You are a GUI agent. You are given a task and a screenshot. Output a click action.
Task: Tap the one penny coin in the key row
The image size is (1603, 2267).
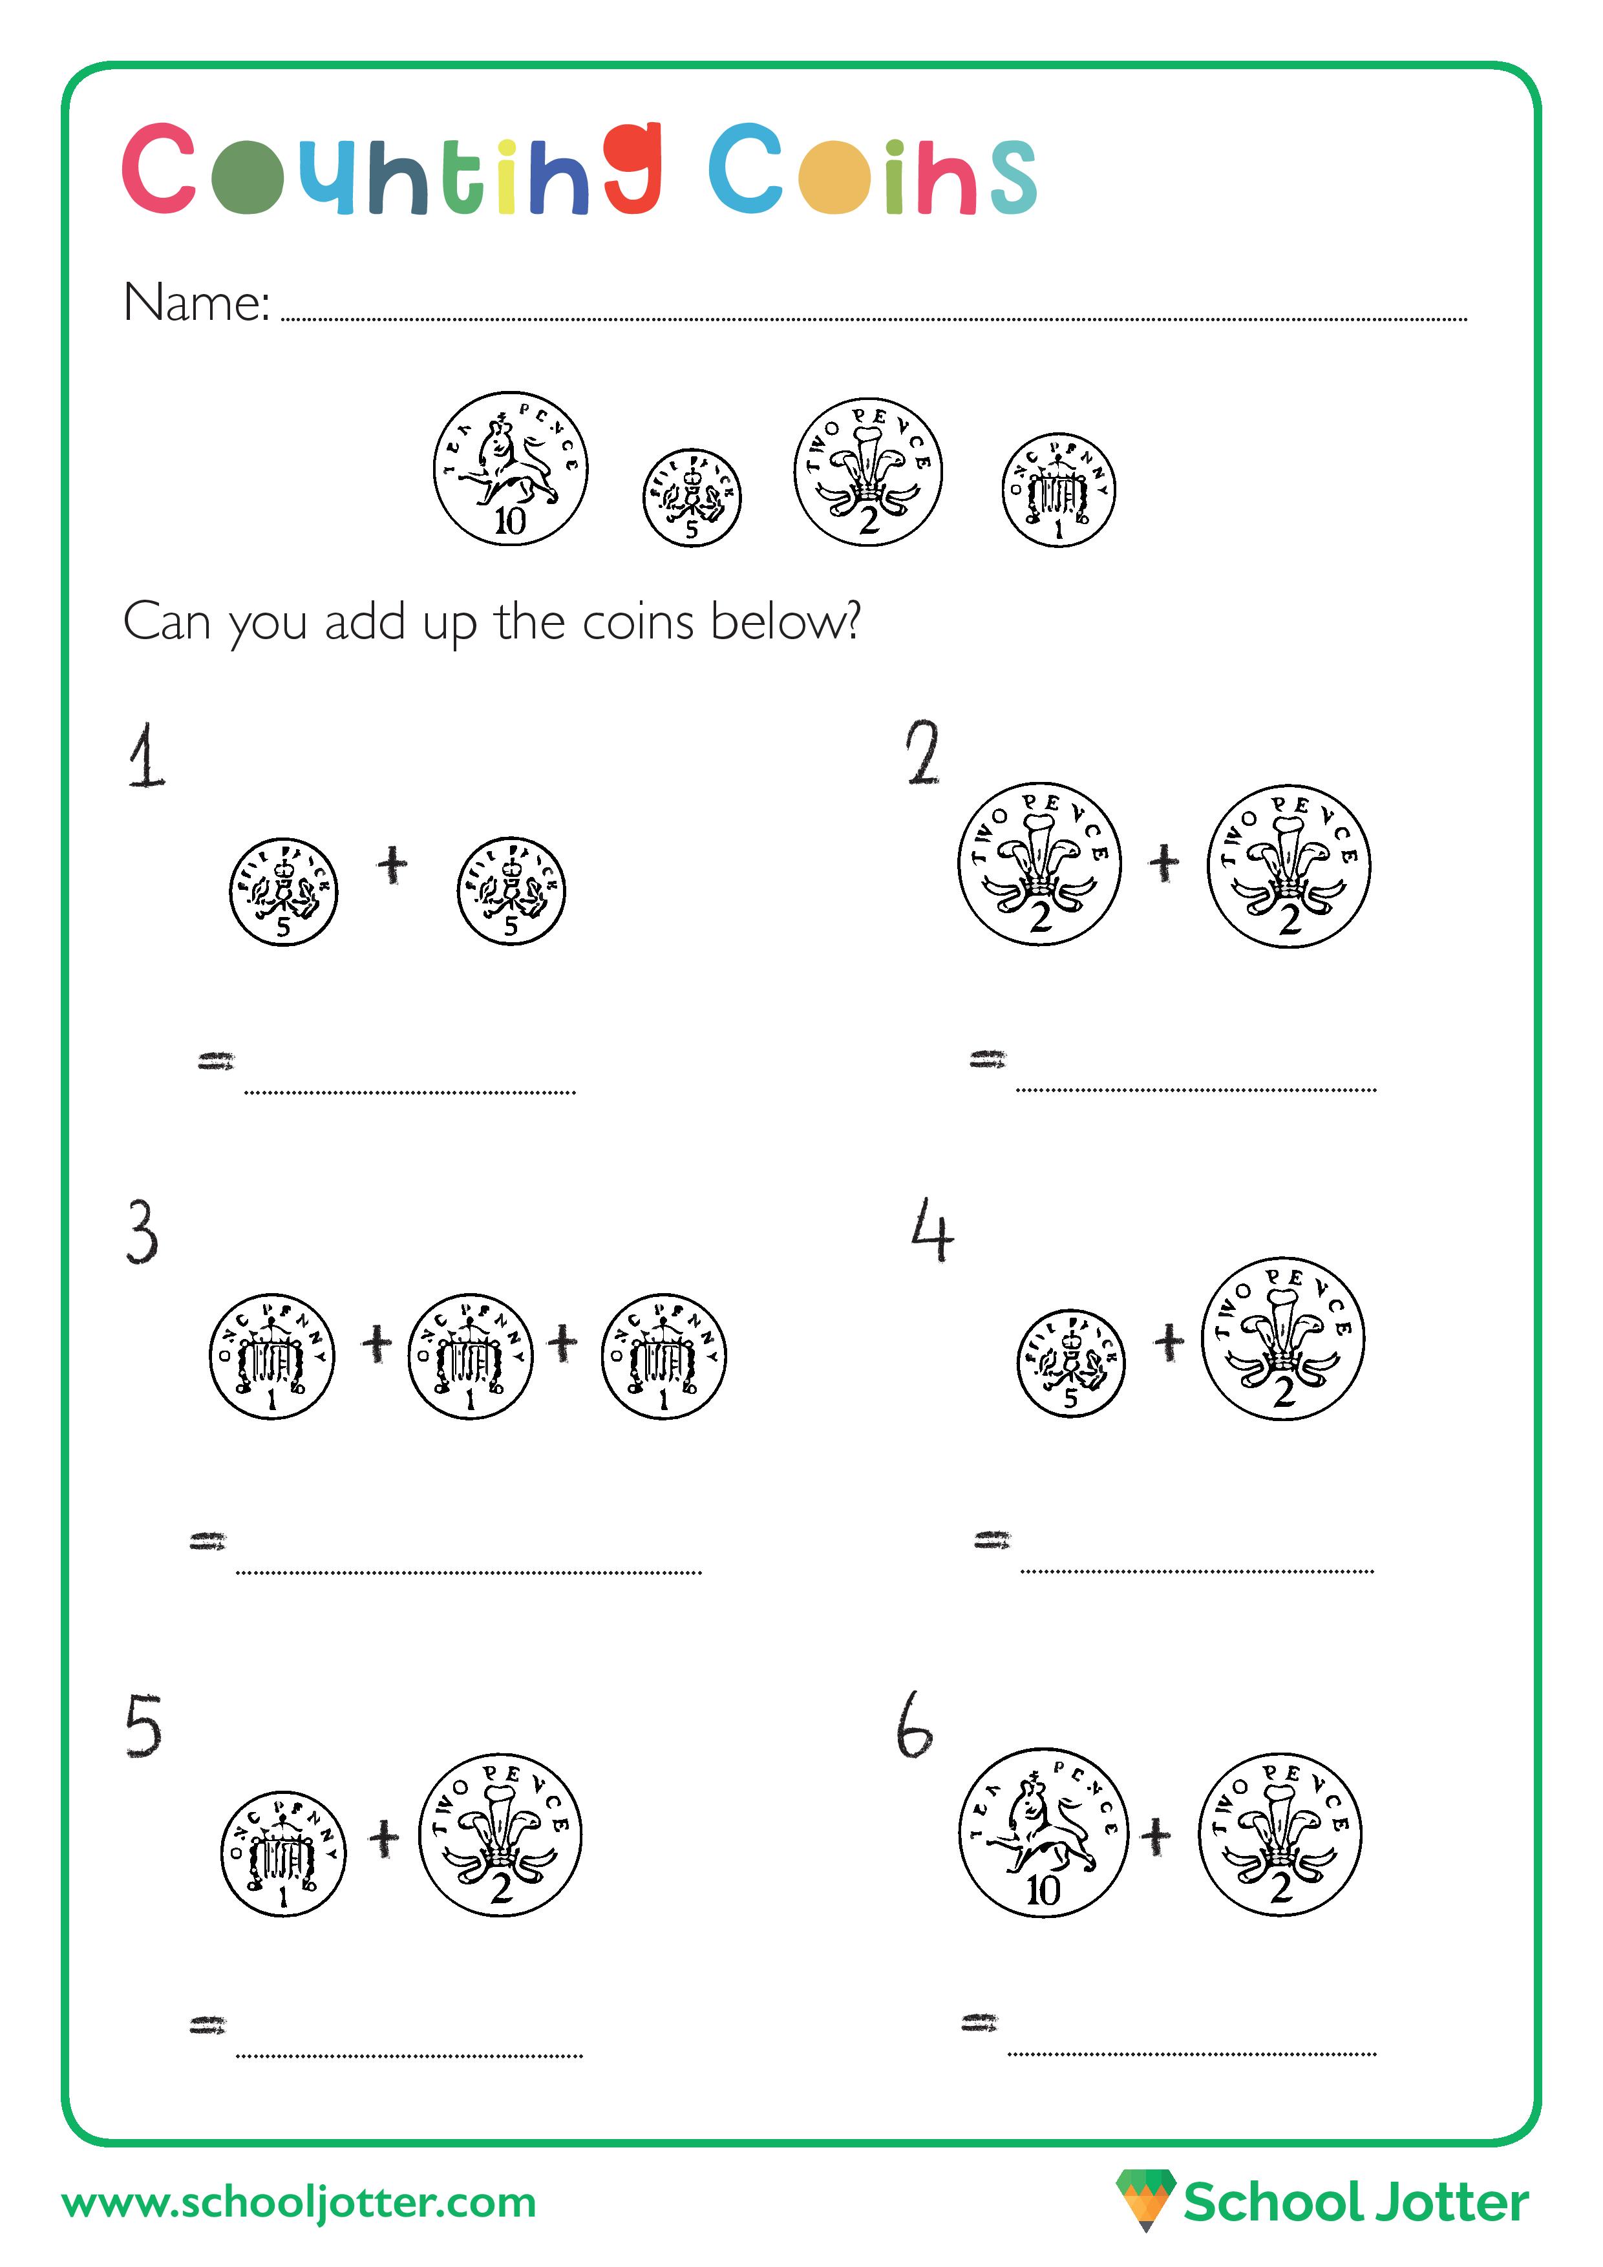pos(1058,490)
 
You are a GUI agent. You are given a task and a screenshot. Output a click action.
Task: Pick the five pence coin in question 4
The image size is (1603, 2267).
pos(1070,1364)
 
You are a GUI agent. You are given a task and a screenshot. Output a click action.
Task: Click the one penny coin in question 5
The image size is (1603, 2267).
pos(284,1853)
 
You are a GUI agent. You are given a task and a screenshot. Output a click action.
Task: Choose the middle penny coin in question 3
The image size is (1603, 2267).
pos(470,1356)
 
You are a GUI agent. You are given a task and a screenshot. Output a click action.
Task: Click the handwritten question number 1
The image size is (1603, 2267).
pos(147,756)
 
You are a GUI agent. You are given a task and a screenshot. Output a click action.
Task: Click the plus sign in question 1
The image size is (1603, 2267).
pos(392,864)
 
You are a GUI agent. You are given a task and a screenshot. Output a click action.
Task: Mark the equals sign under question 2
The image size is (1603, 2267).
pos(987,1059)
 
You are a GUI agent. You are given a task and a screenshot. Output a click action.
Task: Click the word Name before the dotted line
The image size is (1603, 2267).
pos(196,302)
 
